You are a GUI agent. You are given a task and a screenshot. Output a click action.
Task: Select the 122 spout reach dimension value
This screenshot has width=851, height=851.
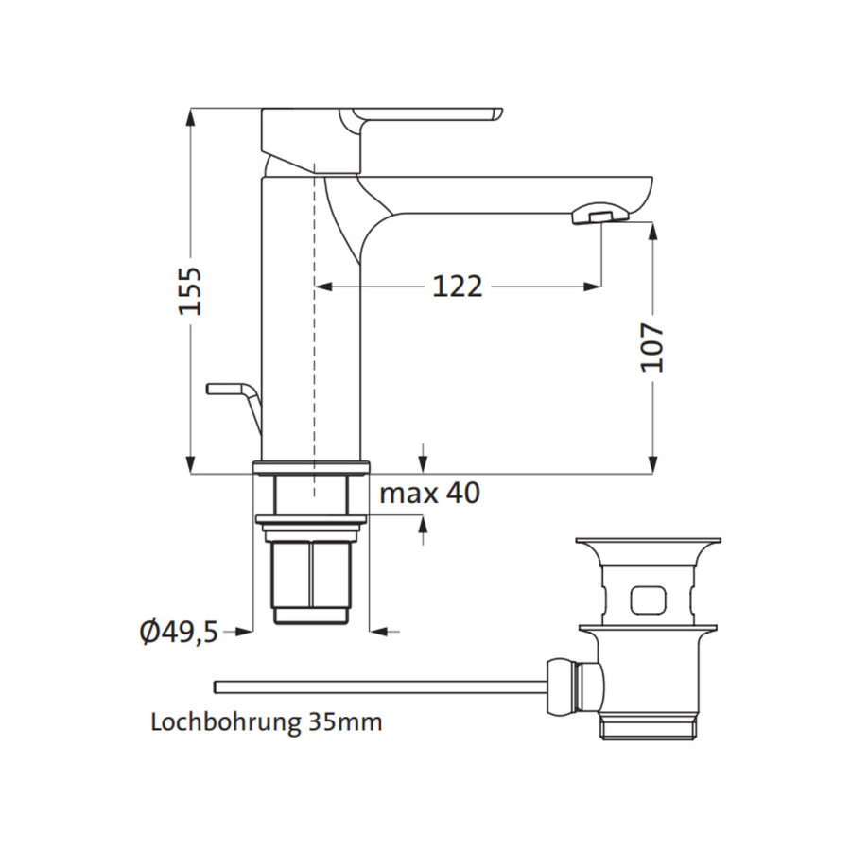458,286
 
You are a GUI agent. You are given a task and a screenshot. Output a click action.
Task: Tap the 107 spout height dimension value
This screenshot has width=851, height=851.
653,347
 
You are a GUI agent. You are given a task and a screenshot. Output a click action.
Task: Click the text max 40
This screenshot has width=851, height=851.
429,493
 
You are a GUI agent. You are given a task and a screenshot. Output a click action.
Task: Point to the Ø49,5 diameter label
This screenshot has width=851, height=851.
179,631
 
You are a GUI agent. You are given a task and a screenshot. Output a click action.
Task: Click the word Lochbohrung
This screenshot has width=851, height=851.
226,723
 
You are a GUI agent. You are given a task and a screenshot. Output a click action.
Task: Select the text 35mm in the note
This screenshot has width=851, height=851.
345,723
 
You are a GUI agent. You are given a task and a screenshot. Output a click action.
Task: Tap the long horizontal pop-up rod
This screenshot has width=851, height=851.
378,686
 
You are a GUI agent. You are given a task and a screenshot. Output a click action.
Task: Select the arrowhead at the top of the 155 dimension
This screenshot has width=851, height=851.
191,115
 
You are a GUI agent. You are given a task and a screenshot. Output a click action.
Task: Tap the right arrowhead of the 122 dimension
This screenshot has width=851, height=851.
593,286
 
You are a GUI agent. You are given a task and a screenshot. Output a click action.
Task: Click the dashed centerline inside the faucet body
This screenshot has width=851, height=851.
312,331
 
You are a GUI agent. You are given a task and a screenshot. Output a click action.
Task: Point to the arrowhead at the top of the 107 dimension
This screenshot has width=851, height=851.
653,230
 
